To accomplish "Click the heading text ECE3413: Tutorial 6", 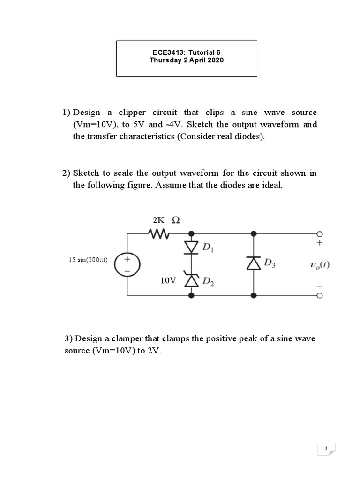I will click(x=187, y=52).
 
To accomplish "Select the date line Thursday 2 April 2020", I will click(x=187, y=60).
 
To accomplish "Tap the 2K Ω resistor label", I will click(x=166, y=220).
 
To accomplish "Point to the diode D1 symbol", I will click(x=192, y=246).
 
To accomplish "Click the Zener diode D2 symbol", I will click(x=192, y=280).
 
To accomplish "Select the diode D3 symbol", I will click(x=254, y=263).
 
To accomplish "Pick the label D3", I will click(x=270, y=263).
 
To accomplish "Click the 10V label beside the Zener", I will click(x=168, y=280).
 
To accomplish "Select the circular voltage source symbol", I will click(x=126, y=263).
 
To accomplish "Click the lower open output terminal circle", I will click(x=320, y=295).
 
